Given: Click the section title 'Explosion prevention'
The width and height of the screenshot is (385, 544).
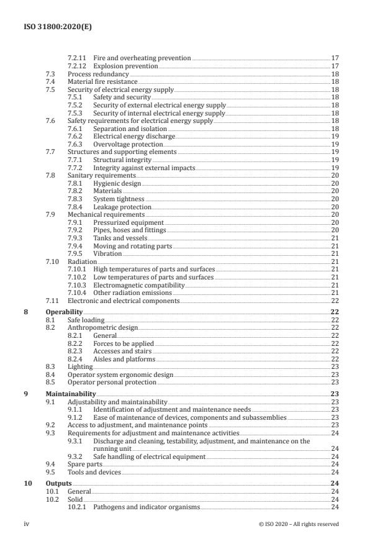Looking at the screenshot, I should click(125, 66).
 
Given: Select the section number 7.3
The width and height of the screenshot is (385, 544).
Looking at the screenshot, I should click(51, 74).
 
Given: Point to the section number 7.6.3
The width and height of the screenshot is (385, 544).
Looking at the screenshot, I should click(75, 143).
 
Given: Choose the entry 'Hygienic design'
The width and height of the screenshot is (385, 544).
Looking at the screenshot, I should click(117, 183).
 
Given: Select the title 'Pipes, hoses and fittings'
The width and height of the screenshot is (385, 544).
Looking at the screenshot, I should click(129, 230).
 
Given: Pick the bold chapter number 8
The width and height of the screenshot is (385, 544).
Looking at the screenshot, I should click(25, 312).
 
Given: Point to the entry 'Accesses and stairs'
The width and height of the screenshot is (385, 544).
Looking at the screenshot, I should click(122, 350).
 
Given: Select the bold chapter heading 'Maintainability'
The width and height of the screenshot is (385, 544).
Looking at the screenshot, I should click(71, 394).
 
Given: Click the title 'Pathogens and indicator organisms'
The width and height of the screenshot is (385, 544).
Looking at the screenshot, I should click(147, 507).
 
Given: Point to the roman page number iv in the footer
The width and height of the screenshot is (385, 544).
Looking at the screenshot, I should click(27, 524).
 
